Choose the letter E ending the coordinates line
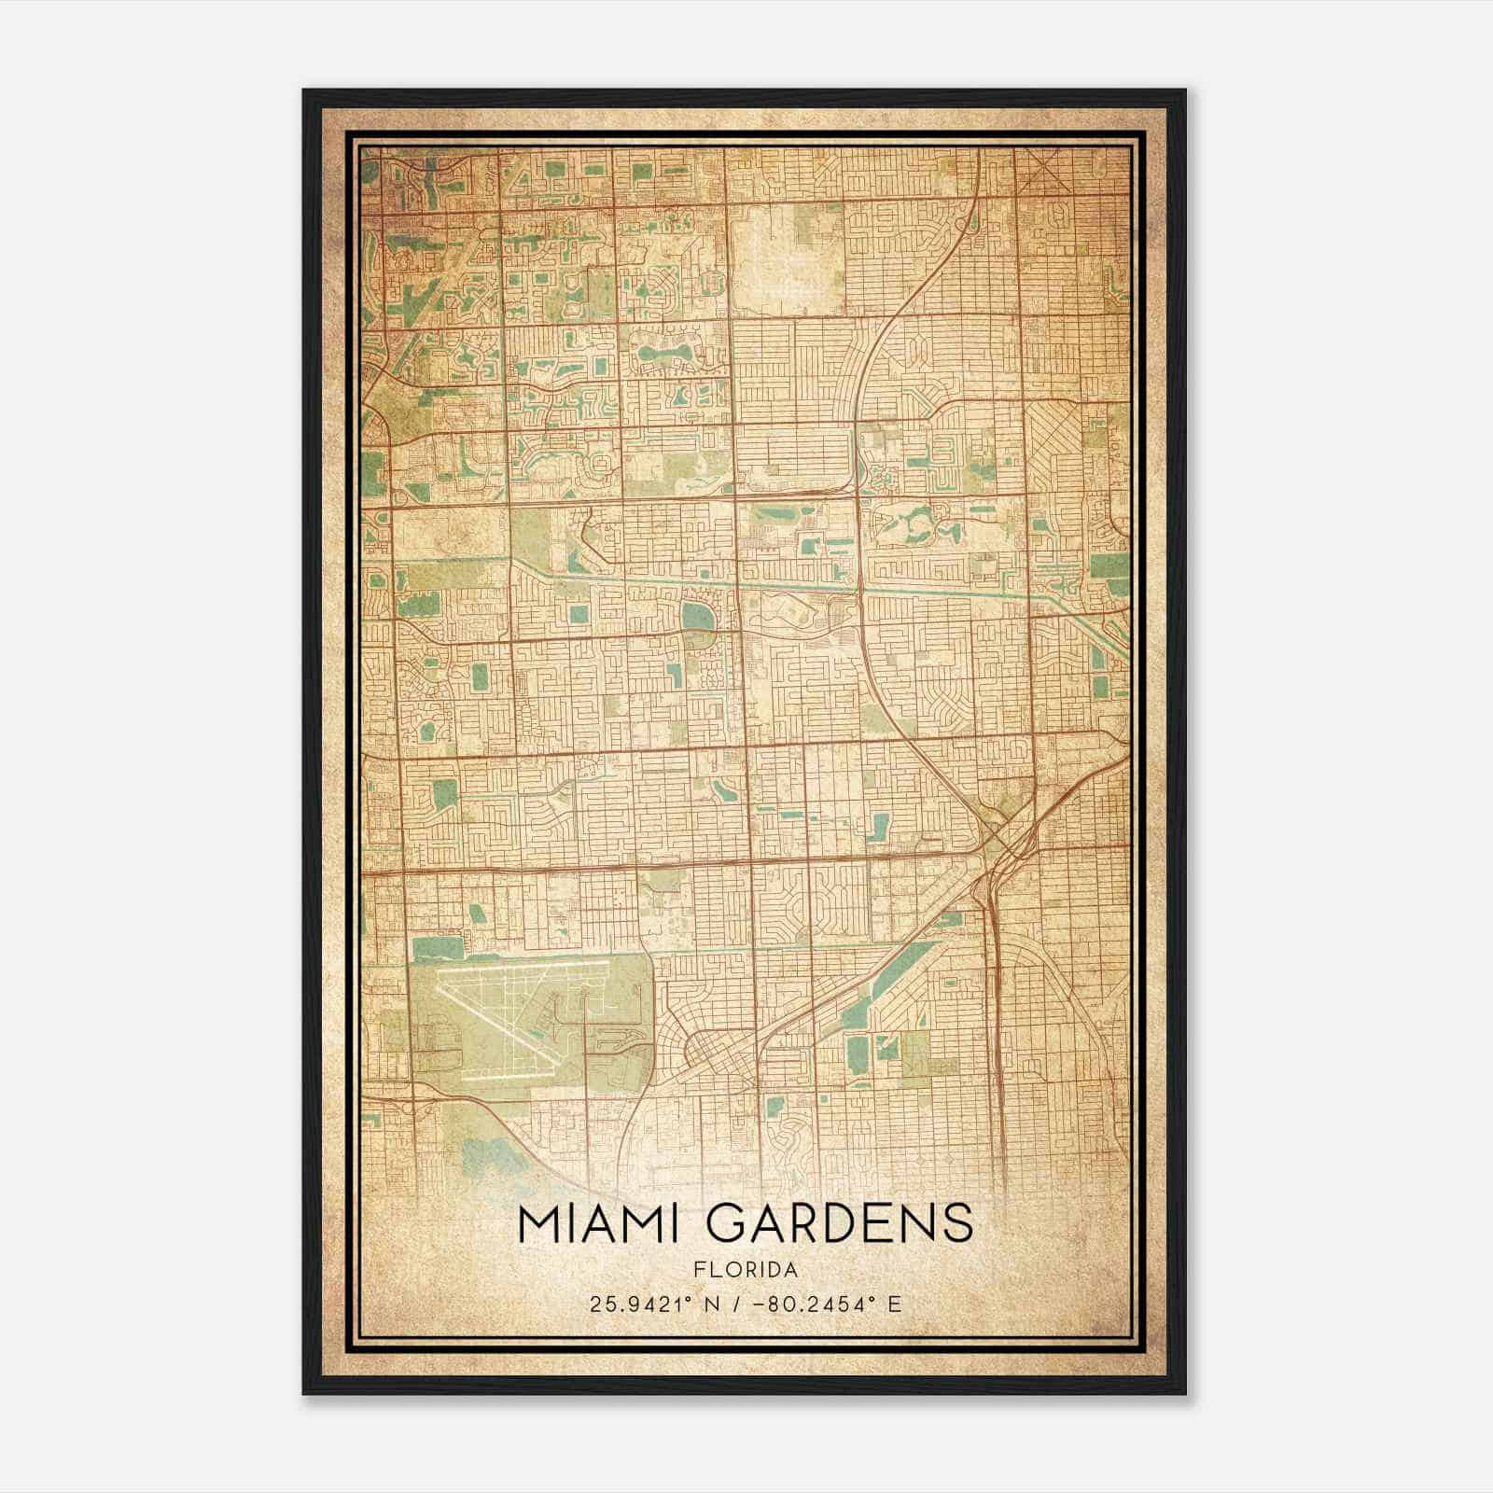point(894,1304)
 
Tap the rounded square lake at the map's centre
point(694,616)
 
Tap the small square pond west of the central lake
point(579,615)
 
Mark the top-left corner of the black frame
point(304,91)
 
